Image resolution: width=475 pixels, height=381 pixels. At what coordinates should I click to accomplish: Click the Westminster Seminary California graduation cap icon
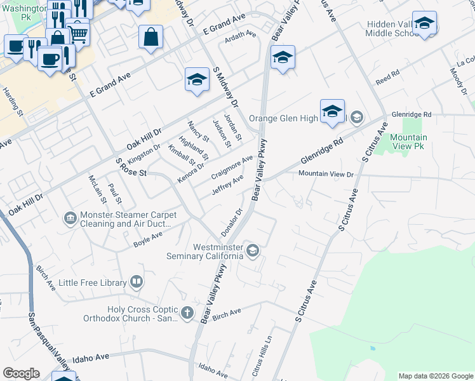[x=253, y=250]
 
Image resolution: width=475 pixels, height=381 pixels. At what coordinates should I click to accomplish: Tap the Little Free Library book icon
[x=137, y=281]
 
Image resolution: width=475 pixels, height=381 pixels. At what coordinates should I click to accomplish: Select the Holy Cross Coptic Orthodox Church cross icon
[x=187, y=312]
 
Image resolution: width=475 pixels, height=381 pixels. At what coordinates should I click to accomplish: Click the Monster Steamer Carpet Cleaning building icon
[x=69, y=220]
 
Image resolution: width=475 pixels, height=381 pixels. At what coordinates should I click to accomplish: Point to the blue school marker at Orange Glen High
[x=332, y=112]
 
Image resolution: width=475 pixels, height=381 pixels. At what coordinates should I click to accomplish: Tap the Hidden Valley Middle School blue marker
[x=424, y=24]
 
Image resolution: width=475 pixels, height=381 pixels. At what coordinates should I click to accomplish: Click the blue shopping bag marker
[x=151, y=37]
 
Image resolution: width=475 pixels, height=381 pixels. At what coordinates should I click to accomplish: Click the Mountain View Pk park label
[x=408, y=142]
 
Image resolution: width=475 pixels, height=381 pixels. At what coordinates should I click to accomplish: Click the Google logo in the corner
[x=21, y=373]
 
